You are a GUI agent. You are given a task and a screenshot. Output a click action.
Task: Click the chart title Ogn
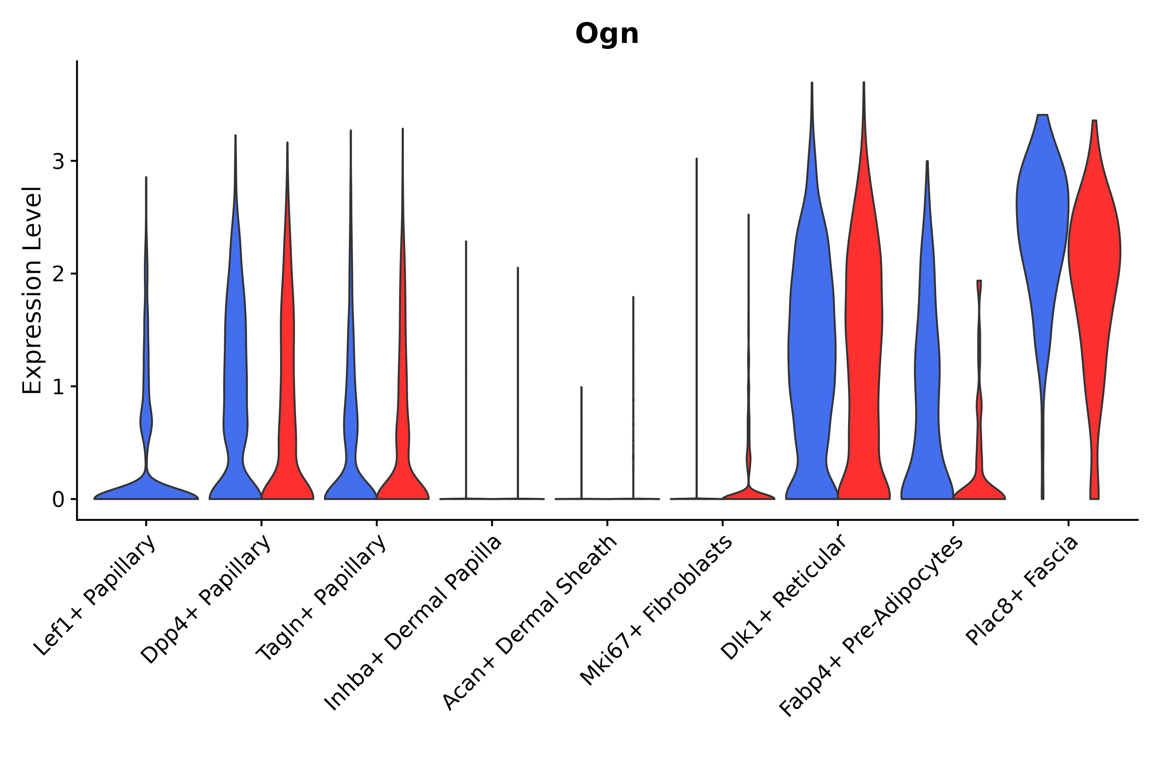pyautogui.click(x=607, y=34)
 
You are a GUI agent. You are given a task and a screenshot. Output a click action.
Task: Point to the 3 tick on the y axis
pyautogui.click(x=58, y=161)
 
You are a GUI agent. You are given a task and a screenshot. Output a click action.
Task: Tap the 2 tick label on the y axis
pyautogui.click(x=58, y=274)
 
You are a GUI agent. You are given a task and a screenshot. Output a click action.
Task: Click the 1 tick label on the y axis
pyautogui.click(x=58, y=386)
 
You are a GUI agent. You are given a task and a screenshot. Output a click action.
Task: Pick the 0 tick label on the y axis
pyautogui.click(x=58, y=499)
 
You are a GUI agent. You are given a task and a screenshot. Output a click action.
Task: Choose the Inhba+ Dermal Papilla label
pyautogui.click(x=413, y=624)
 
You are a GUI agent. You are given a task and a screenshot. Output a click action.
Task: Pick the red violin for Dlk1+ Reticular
pyautogui.click(x=864, y=345)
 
